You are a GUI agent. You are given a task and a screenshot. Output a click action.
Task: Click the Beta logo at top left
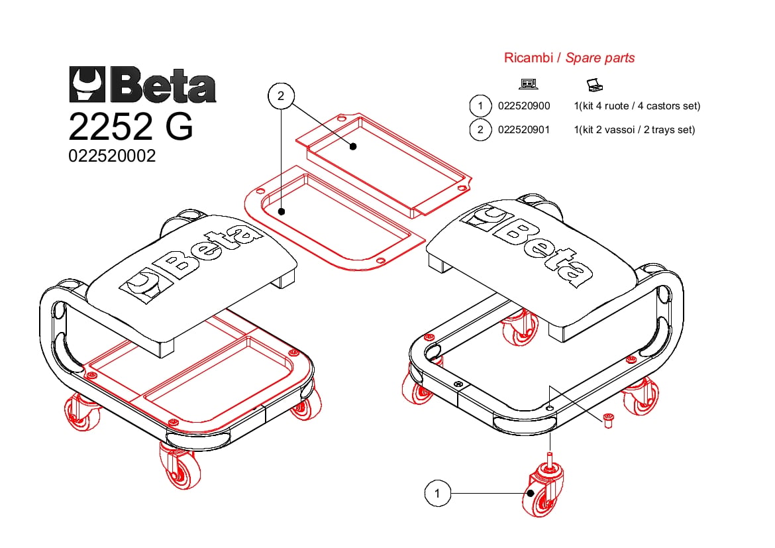(142, 85)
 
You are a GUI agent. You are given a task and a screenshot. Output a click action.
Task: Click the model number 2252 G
(130, 126)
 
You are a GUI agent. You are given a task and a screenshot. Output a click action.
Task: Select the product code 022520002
(112, 156)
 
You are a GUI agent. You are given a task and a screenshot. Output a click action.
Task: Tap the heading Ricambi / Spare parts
(569, 58)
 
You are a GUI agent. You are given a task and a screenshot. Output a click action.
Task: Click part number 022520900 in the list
(524, 106)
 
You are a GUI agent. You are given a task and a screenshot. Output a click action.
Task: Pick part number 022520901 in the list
(524, 130)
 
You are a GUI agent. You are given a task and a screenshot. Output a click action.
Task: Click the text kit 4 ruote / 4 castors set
(640, 106)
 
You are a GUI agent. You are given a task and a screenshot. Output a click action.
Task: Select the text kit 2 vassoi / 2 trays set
(637, 130)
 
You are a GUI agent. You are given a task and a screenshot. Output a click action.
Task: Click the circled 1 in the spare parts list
(480, 106)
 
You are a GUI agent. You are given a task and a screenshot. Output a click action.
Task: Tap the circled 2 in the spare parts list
(480, 130)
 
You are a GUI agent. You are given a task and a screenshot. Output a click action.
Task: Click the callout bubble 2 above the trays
(281, 96)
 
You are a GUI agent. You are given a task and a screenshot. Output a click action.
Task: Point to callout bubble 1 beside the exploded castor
(437, 493)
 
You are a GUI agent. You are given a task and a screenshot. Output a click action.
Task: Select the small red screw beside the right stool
(608, 421)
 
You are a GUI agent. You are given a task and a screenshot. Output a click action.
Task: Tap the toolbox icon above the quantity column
(595, 85)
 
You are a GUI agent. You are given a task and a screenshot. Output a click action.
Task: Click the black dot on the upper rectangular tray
(353, 146)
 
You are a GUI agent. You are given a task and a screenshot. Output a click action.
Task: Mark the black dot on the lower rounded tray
(282, 211)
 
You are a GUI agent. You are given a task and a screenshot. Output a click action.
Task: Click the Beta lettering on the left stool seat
(210, 250)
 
